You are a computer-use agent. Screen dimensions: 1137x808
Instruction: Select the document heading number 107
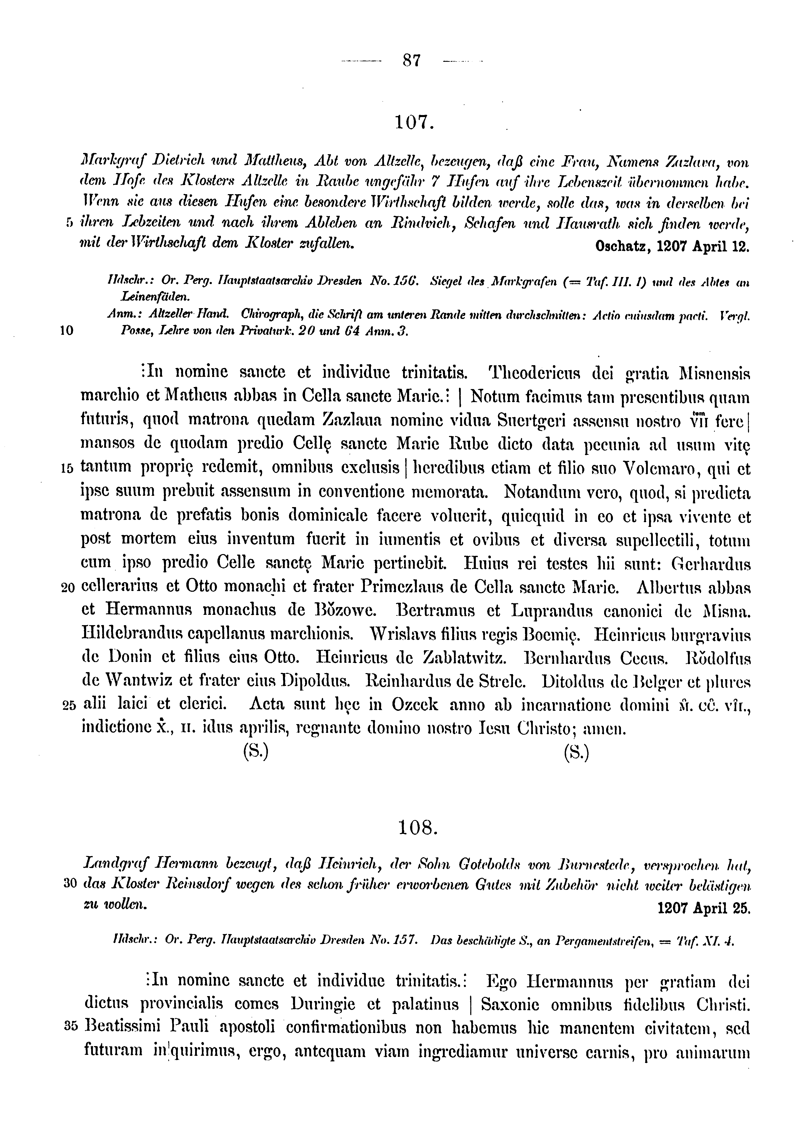[414, 121]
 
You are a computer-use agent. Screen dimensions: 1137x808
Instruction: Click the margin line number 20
[68, 588]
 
